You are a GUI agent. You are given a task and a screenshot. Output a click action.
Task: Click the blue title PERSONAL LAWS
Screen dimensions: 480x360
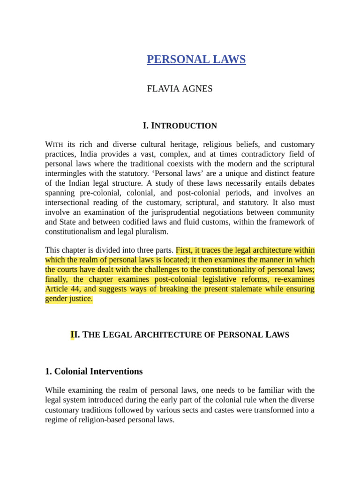point(196,60)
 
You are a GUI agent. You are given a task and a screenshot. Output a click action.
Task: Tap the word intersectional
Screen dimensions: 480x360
point(69,202)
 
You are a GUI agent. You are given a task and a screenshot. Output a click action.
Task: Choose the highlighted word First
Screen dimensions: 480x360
point(184,250)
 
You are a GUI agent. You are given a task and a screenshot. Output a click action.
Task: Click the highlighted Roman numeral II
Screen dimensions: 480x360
point(73,335)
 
